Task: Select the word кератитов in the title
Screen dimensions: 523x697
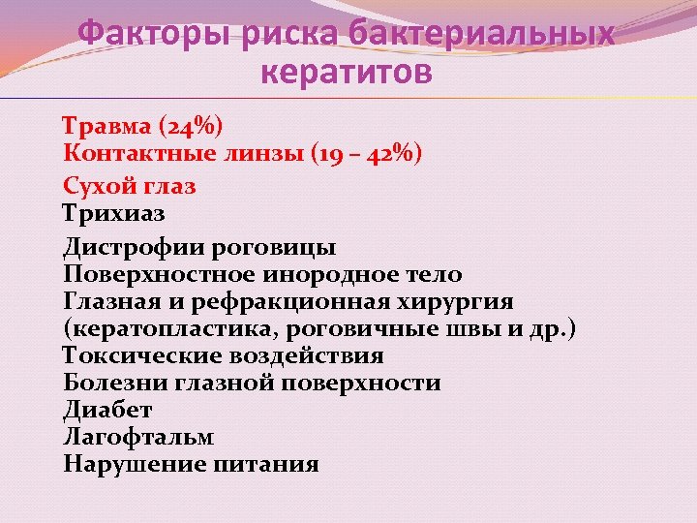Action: (348, 74)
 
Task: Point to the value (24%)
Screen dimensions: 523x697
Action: (191, 127)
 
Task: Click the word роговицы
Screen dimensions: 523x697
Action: (280, 247)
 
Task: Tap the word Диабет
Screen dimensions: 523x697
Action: (107, 411)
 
